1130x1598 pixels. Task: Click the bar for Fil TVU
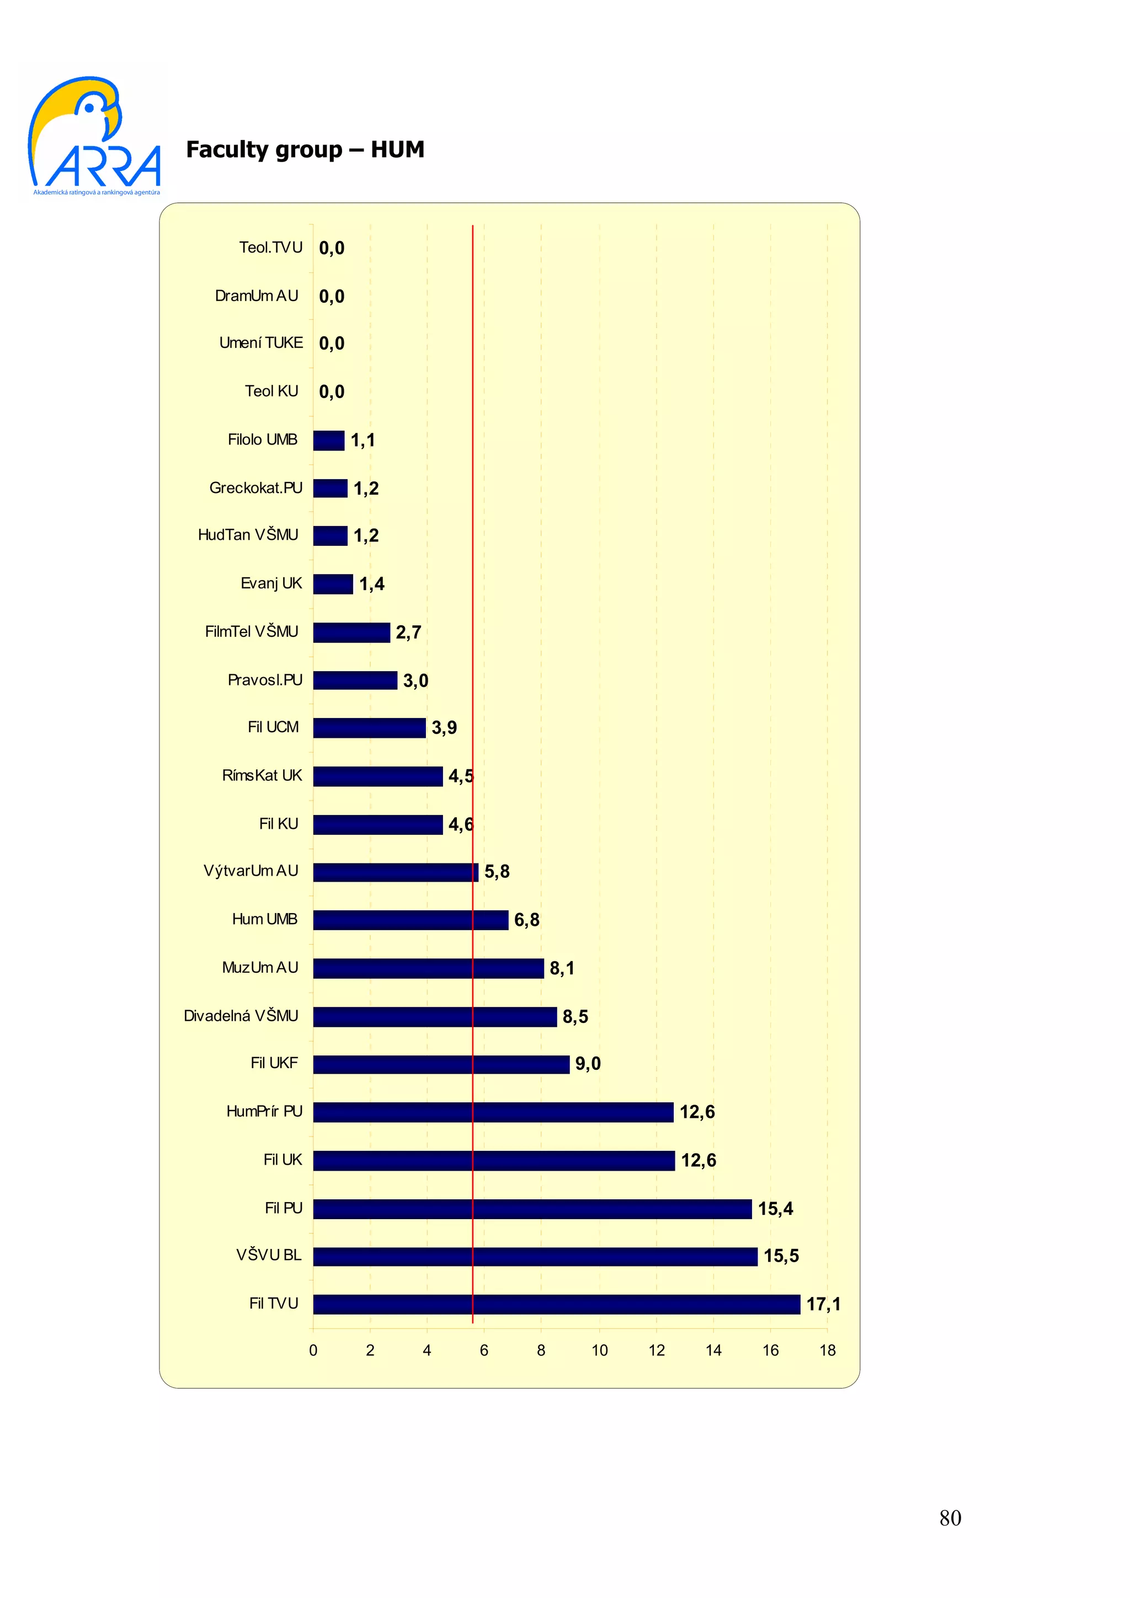pyautogui.click(x=556, y=1304)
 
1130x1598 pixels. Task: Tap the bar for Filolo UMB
pyautogui.click(x=329, y=440)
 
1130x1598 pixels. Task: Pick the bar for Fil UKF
pyautogui.click(x=441, y=1064)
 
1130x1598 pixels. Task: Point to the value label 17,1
pyautogui.click(x=823, y=1304)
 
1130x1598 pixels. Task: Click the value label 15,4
pyautogui.click(x=775, y=1208)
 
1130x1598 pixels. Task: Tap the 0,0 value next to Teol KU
pyautogui.click(x=332, y=392)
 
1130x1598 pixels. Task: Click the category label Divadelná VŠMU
pyautogui.click(x=241, y=1016)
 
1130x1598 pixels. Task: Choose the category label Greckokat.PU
pyautogui.click(x=255, y=488)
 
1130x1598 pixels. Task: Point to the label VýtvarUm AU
pyautogui.click(x=250, y=871)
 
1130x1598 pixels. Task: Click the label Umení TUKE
pyautogui.click(x=261, y=342)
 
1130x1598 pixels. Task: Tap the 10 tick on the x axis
pyautogui.click(x=599, y=1350)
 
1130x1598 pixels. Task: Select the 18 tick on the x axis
pyautogui.click(x=827, y=1350)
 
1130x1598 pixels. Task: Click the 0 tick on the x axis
pyautogui.click(x=313, y=1350)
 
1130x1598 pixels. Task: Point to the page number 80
pyautogui.click(x=950, y=1517)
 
